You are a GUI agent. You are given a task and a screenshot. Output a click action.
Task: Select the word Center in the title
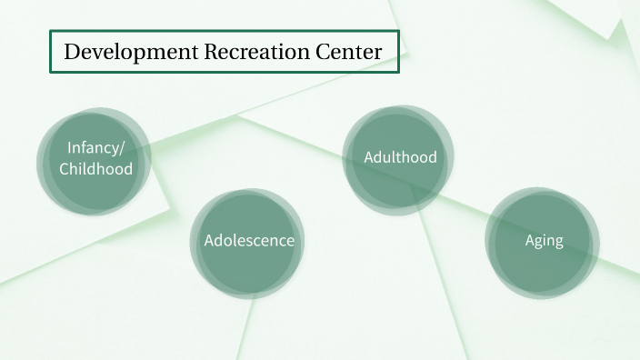click(350, 52)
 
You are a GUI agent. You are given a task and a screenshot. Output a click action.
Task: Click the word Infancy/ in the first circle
click(95, 148)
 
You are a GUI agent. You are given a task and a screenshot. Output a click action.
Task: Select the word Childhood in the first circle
click(95, 169)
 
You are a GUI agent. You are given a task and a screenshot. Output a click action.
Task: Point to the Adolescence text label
click(248, 241)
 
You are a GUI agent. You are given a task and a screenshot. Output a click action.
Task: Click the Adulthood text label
click(400, 157)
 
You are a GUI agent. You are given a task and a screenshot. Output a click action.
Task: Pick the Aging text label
click(544, 241)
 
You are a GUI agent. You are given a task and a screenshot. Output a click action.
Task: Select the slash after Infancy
click(122, 148)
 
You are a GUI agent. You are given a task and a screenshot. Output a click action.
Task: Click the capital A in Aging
click(530, 241)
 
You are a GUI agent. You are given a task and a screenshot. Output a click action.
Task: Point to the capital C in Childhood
click(65, 169)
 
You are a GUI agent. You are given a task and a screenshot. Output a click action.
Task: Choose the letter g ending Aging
click(558, 243)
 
